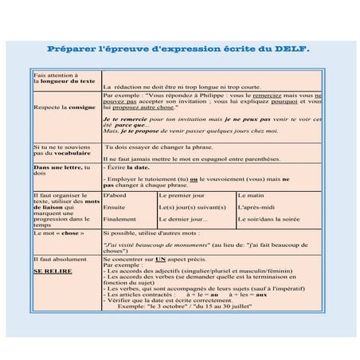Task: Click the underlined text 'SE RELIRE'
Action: point(53,271)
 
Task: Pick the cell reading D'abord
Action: point(115,195)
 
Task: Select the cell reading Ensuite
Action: point(115,207)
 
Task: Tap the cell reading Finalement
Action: point(120,219)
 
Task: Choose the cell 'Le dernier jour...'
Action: point(184,219)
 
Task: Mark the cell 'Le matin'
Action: point(252,195)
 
